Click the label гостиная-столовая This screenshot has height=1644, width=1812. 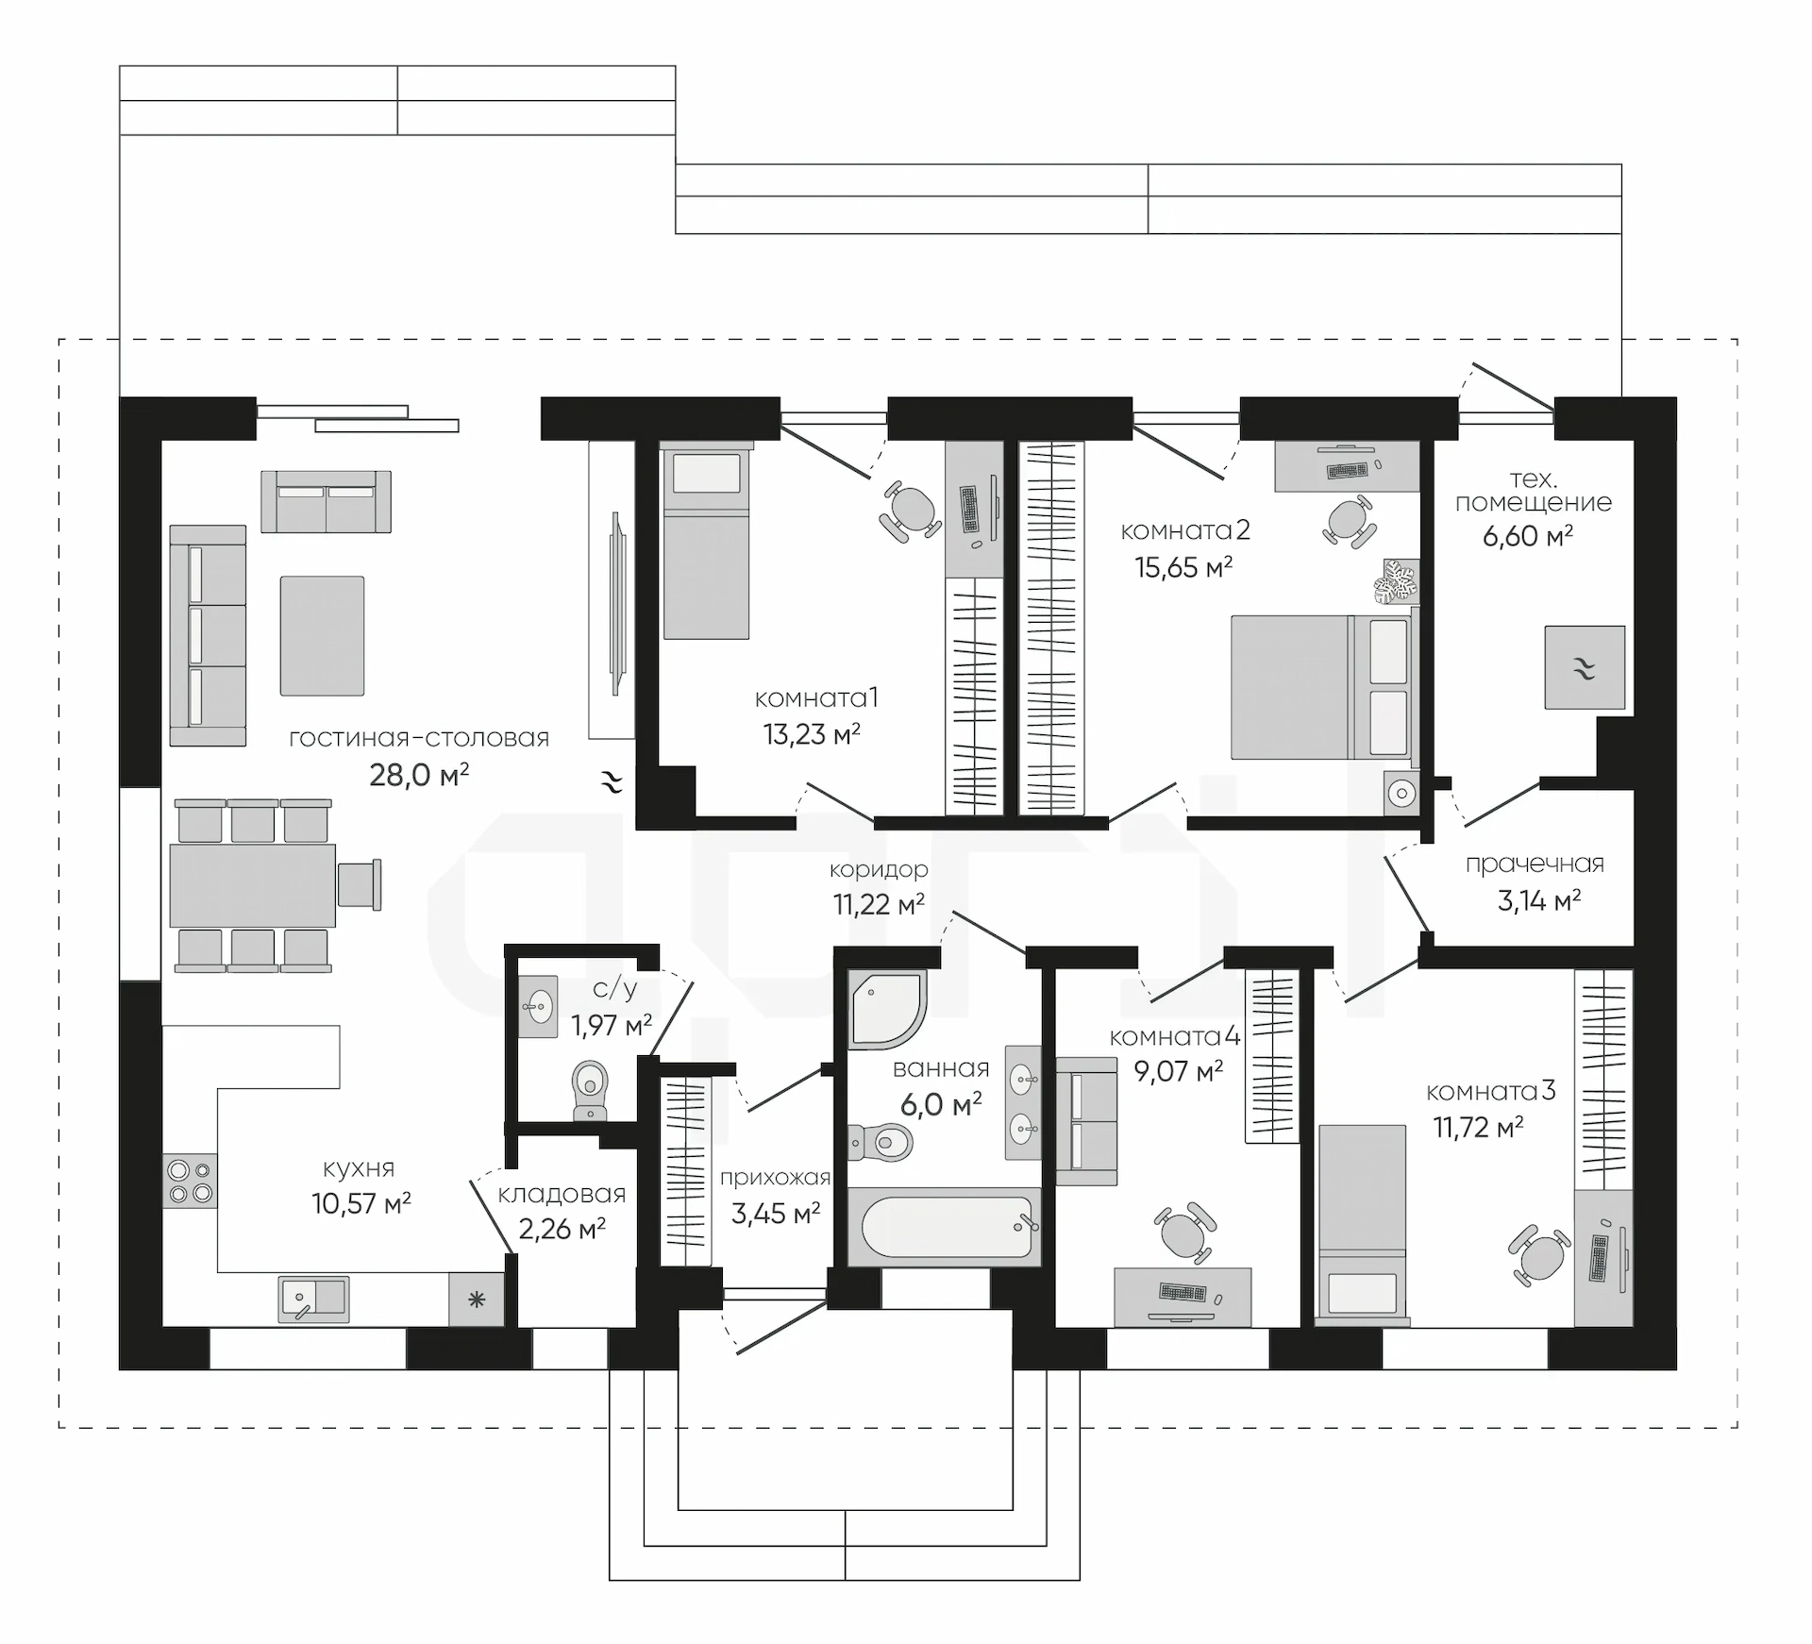click(x=419, y=738)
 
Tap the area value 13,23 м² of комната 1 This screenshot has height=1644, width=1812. click(x=812, y=734)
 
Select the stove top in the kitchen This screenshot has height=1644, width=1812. click(x=190, y=1181)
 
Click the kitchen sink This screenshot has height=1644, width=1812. click(x=313, y=1300)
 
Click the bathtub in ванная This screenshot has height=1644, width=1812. click(x=945, y=1226)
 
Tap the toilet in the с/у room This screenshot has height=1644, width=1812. click(x=591, y=1090)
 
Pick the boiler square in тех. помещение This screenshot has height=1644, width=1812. click(x=1585, y=667)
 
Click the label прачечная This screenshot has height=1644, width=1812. click(x=1535, y=864)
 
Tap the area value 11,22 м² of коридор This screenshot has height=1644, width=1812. click(x=879, y=905)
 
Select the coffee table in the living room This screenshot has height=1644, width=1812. click(x=322, y=636)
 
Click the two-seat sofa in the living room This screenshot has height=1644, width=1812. click(x=327, y=502)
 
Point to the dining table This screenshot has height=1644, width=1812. click(x=253, y=885)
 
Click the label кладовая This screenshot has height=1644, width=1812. click(x=562, y=1195)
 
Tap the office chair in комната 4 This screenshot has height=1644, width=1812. click(x=1184, y=1233)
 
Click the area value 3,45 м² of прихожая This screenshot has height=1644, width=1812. click(x=776, y=1214)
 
